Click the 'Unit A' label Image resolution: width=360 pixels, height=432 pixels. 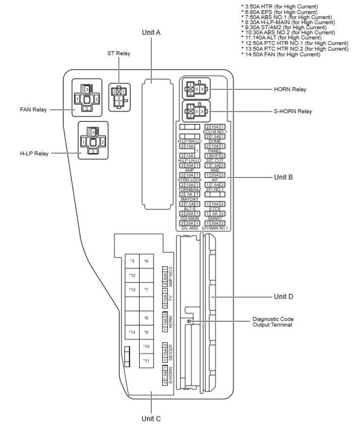coord(151,33)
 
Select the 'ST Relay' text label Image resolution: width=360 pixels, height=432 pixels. coord(119,53)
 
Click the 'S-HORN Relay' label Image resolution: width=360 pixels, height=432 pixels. coord(293,111)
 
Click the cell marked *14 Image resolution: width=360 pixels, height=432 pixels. coord(132,332)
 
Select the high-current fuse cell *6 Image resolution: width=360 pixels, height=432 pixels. coord(146,261)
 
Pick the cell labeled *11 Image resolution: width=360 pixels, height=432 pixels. coord(146,360)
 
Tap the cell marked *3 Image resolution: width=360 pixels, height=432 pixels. coord(132,261)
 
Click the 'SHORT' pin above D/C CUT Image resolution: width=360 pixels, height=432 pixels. coord(215,155)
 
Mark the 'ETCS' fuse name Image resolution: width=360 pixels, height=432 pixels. coord(215,224)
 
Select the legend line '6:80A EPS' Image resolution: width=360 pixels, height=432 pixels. coord(272,11)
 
